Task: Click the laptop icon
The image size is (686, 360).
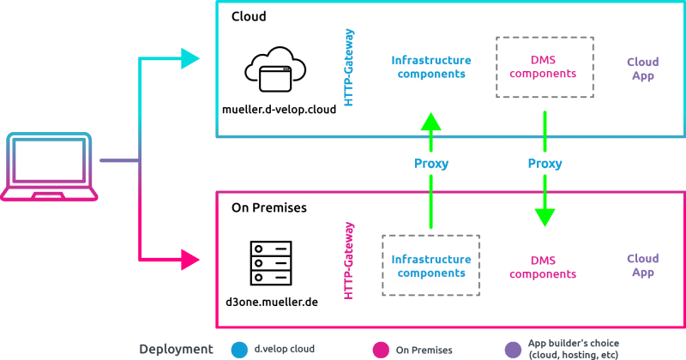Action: pos(49,166)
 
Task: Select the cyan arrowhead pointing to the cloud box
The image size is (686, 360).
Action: pos(190,58)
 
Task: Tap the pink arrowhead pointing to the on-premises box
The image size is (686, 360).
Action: pos(190,258)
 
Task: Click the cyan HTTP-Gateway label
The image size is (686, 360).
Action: pos(349,68)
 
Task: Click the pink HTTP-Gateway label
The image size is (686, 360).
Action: pos(349,261)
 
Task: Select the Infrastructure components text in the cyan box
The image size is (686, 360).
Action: pos(431,67)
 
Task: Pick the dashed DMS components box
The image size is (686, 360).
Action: pos(545,67)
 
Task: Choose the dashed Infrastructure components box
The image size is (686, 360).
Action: pos(431,266)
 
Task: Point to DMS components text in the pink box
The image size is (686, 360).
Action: pos(543,267)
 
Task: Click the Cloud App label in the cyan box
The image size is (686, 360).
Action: pos(642,69)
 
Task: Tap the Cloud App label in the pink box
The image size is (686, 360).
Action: pos(642,265)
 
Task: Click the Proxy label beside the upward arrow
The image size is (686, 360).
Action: pos(431,164)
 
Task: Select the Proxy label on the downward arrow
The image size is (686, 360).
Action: pos(545,164)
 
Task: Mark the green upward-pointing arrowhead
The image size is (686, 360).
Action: pos(431,122)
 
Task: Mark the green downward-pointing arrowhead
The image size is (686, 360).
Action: pos(545,217)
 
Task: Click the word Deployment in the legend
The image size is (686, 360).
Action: pos(176,349)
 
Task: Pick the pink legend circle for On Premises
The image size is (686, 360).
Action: pos(381,349)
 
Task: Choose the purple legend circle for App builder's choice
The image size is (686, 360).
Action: pos(513,349)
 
